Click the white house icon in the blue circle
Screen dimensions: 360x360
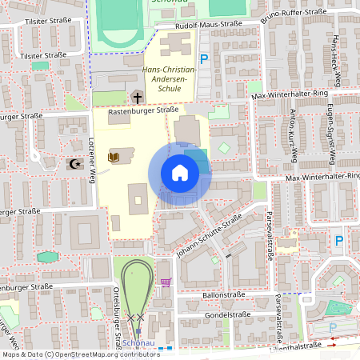click(180, 173)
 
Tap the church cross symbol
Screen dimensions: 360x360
click(137, 98)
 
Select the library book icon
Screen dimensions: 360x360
click(112, 157)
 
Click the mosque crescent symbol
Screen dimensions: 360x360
click(76, 164)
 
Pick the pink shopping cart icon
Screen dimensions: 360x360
click(166, 282)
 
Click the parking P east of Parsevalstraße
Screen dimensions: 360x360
click(338, 240)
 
